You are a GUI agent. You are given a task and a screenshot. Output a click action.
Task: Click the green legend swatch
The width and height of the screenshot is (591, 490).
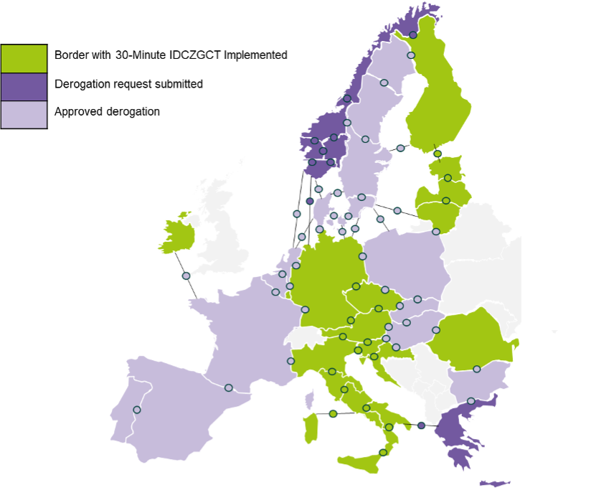click(24, 59)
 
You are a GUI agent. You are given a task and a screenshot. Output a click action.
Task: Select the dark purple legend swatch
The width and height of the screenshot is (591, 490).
click(24, 87)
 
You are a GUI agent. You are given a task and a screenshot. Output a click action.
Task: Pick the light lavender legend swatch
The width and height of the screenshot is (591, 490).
click(24, 114)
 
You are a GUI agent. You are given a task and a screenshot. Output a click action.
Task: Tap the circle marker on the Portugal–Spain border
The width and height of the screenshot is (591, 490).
click(137, 410)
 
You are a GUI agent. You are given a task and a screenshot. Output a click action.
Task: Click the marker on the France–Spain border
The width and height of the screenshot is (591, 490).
click(228, 387)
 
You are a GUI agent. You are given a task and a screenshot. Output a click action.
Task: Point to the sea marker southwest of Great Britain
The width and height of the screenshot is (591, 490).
click(186, 275)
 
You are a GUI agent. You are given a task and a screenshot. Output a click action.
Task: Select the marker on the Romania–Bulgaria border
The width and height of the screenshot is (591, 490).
click(476, 369)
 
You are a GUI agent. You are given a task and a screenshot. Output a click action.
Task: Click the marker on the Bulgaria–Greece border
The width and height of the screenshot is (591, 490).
click(471, 401)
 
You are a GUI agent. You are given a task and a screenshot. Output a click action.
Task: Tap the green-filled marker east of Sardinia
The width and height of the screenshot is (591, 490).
click(332, 414)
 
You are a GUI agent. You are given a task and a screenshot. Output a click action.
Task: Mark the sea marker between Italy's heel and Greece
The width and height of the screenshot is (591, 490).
click(421, 425)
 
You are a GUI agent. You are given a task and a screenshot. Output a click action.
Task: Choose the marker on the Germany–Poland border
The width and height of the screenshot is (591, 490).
click(362, 256)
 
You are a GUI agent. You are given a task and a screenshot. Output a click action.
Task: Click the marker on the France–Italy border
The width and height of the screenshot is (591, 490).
click(290, 361)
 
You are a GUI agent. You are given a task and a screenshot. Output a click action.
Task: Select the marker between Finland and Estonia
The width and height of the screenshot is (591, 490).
click(438, 154)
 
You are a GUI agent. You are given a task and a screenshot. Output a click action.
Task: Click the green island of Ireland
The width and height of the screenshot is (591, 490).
click(176, 233)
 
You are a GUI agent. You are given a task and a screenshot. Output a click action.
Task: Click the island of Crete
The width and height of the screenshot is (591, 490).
click(495, 483)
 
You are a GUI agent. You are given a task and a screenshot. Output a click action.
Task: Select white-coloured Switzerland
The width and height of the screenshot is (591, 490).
click(301, 336)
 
